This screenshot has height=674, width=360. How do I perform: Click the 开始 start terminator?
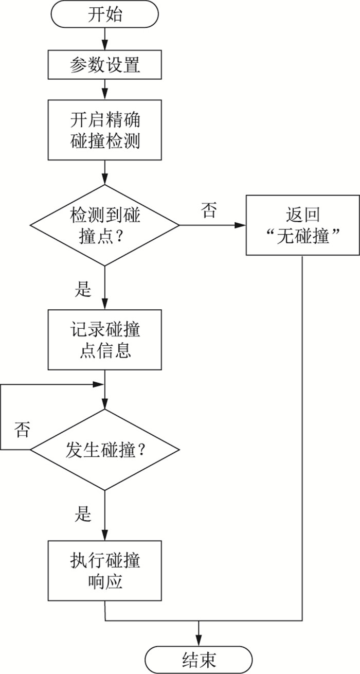(104, 14)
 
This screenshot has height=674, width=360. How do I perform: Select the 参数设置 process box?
(104, 65)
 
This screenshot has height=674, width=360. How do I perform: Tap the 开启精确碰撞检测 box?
(104, 130)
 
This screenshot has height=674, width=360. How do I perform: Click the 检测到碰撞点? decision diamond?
(104, 225)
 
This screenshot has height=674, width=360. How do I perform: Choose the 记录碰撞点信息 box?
(104, 340)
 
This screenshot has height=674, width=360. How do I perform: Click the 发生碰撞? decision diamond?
(104, 450)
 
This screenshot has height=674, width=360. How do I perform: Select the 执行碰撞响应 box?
(104, 570)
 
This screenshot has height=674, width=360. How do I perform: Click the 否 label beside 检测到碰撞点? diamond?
(208, 210)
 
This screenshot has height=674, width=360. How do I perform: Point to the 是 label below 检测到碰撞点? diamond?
(83, 290)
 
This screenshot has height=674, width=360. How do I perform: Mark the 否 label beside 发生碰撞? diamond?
(22, 430)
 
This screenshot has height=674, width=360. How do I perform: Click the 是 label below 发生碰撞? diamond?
(83, 513)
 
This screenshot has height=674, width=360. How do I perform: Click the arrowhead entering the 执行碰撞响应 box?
(104, 536)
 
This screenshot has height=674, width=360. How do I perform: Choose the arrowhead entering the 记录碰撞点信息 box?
(104, 305)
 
